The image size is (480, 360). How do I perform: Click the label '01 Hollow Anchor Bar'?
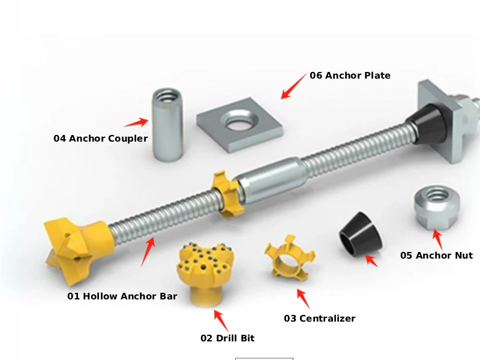(x=122, y=296)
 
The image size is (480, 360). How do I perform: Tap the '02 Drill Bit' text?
(x=227, y=338)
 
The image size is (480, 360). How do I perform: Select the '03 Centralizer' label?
(x=320, y=319)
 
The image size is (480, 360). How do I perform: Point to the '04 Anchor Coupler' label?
(x=100, y=139)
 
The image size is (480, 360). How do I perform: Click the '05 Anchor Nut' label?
(x=436, y=256)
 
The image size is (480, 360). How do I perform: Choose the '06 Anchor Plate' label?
(x=350, y=76)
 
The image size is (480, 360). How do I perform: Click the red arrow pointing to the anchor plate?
(x=294, y=86)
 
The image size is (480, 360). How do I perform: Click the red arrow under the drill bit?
(x=221, y=320)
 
